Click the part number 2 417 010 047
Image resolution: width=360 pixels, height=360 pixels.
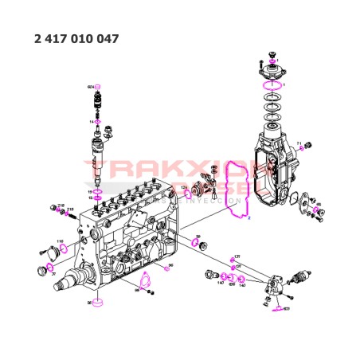coord(78,37)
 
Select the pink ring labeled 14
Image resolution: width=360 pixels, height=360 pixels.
coord(99,121)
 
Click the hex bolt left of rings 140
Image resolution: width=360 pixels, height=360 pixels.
coord(209,275)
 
